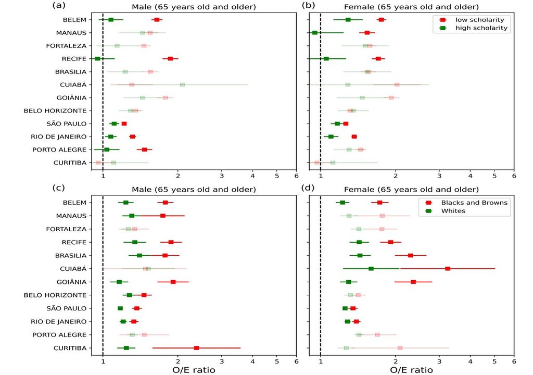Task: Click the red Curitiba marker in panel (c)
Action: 196,348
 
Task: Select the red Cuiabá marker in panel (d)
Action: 448,269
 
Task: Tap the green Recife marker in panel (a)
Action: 97,58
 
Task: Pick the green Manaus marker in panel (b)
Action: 314,33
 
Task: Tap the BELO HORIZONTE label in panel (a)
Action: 55,111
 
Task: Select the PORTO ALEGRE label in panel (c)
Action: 59,335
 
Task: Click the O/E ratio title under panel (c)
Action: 193,370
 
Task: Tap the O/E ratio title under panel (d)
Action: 411,370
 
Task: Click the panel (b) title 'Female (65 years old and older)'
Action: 412,7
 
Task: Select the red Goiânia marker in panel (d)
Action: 413,282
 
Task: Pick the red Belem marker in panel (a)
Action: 157,20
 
